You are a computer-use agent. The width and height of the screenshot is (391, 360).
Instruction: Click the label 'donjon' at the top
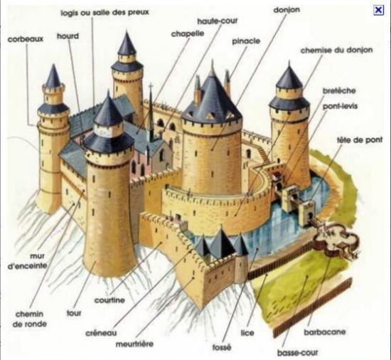(x=286, y=10)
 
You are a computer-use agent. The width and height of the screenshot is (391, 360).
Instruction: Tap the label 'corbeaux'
(x=26, y=39)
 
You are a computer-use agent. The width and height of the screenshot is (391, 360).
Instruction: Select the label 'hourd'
(x=68, y=36)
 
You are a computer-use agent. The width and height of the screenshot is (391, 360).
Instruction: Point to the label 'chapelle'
(x=188, y=34)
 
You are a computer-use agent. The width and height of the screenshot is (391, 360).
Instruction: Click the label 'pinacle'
(x=246, y=41)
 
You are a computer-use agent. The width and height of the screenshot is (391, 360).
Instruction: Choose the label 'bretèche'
(x=339, y=90)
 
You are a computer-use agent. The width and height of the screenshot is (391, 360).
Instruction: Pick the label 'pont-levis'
(x=340, y=106)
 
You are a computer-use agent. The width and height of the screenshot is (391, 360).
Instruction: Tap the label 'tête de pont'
(x=360, y=140)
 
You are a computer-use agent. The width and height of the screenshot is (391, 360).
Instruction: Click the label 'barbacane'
(x=325, y=332)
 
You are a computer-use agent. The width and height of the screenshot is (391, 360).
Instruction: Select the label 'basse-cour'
(x=298, y=353)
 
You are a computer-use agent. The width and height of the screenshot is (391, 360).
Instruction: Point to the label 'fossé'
(x=222, y=347)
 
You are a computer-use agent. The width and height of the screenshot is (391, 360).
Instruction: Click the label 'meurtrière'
(x=134, y=344)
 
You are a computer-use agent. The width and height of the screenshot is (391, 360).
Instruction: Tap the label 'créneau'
(x=101, y=333)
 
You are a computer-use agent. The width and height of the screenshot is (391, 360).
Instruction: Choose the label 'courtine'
(x=109, y=300)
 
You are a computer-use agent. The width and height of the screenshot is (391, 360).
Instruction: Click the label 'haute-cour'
(x=218, y=21)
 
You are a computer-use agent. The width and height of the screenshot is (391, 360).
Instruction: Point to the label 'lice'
(x=247, y=333)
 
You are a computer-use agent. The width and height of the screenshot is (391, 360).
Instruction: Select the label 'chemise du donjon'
(x=337, y=51)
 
